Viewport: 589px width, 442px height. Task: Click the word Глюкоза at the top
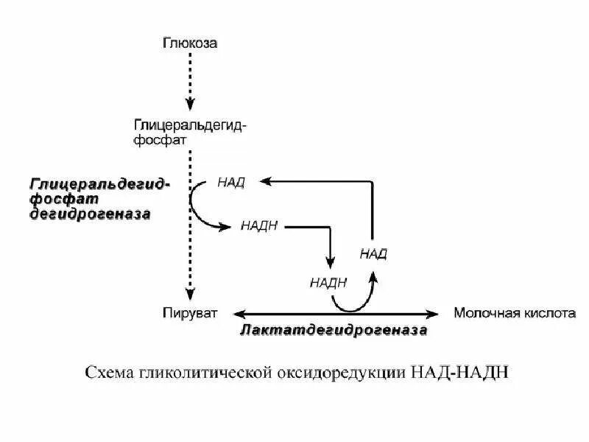point(190,43)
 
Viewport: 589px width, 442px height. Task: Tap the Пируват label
point(190,313)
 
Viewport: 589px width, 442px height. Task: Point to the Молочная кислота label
point(514,313)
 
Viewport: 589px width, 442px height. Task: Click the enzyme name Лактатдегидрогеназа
point(334,331)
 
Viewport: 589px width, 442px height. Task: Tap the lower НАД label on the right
point(373,253)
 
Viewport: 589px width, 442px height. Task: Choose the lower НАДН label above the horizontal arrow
point(328,281)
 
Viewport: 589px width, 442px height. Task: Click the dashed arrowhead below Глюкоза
point(190,103)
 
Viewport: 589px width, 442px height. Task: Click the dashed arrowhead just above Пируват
point(190,293)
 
